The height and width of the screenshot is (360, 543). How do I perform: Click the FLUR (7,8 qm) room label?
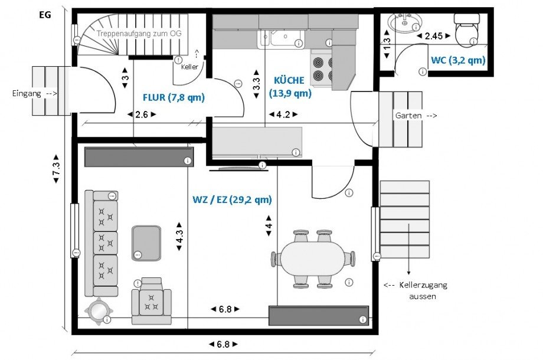tap(174, 97)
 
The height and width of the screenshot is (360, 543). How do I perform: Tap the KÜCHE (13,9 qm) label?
tap(290, 87)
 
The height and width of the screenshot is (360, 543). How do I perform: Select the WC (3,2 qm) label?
tap(458, 60)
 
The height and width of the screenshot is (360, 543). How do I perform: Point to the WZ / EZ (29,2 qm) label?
tap(232, 199)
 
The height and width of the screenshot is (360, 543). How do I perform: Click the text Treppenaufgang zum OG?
tap(139, 34)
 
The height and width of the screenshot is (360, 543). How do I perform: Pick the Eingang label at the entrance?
tap(27, 93)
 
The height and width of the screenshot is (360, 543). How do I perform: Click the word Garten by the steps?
tap(408, 115)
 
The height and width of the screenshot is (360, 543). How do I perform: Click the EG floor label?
tap(45, 15)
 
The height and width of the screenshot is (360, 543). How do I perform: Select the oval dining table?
tap(313, 258)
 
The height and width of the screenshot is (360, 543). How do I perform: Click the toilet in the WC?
tap(466, 30)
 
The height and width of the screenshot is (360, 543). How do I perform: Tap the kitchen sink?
tap(280, 38)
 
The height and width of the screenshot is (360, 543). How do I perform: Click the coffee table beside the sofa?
tap(146, 243)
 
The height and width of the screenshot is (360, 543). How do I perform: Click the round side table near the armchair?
tap(98, 311)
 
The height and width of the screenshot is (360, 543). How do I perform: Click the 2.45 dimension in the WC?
tap(433, 35)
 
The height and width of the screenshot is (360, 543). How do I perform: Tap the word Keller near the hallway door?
tap(189, 67)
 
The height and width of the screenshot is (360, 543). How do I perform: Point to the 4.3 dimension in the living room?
tap(179, 236)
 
